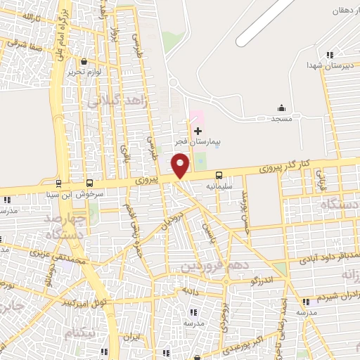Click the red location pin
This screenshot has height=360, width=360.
coord(181,166)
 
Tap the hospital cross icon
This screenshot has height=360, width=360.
coord(198,131)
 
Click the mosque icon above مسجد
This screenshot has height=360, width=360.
coord(281,108)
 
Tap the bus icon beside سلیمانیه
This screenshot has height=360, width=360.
coord(219,175)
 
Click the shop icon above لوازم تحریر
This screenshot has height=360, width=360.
coord(84,61)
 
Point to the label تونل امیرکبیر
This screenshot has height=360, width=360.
coord(84,303)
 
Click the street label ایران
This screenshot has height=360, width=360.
coord(131,337)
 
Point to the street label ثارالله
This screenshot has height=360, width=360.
coord(24,15)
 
